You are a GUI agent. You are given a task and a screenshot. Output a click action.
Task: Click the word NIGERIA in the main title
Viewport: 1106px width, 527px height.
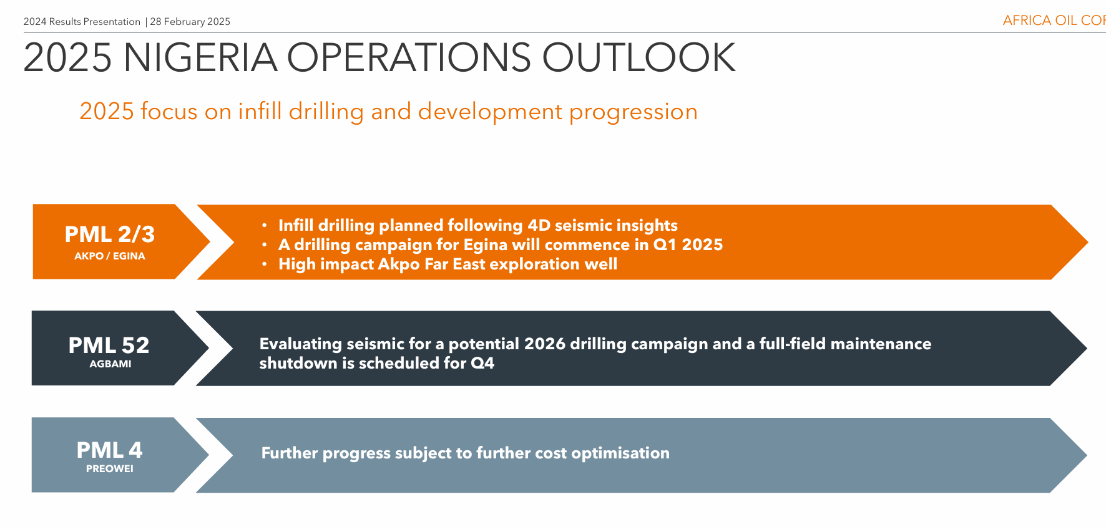tap(200, 57)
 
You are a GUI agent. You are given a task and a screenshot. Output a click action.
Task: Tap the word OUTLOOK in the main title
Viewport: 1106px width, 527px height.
tap(639, 57)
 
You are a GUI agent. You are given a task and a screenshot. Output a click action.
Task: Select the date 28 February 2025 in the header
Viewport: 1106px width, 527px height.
tap(190, 22)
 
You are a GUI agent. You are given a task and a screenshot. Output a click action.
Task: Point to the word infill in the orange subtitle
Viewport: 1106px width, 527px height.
tap(260, 112)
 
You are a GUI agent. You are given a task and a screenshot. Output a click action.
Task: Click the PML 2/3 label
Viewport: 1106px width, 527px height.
tap(110, 234)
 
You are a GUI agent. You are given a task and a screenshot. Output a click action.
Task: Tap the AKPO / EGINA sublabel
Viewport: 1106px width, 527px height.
tap(110, 256)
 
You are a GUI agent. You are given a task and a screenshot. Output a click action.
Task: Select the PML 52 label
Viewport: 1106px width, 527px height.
tap(109, 346)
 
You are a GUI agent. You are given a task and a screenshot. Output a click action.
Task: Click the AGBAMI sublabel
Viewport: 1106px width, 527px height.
tap(110, 364)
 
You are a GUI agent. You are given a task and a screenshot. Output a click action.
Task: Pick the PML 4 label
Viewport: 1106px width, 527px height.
tap(110, 450)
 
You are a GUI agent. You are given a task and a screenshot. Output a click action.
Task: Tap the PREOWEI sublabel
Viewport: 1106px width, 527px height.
tap(110, 469)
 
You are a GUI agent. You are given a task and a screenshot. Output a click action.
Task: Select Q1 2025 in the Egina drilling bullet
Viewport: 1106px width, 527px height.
tap(688, 244)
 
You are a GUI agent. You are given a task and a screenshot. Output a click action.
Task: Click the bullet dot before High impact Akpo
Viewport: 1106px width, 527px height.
tap(265, 264)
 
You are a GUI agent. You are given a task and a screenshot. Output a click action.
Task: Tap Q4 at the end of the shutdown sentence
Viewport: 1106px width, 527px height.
tap(482, 364)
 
